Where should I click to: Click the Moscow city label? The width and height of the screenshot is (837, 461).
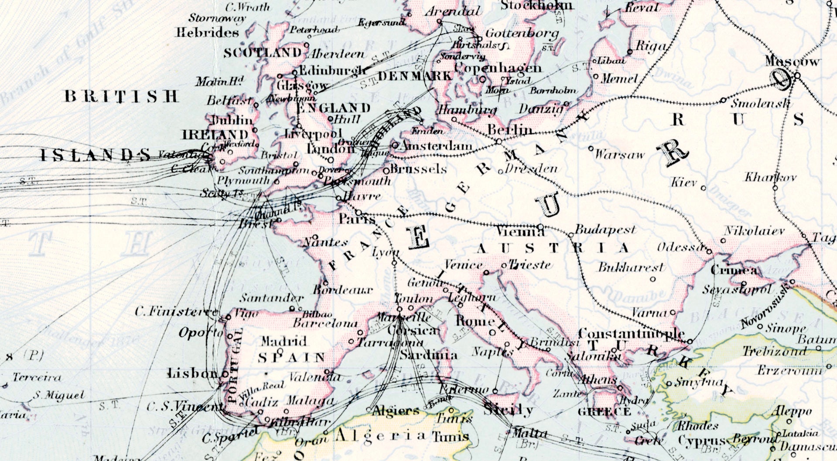coord(792,62)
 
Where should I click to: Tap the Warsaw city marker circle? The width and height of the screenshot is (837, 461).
coord(591,149)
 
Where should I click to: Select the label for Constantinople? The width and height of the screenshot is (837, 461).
coord(631,334)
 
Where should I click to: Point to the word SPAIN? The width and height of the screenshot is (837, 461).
coord(291,358)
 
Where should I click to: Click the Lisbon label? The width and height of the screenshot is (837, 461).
coord(192,373)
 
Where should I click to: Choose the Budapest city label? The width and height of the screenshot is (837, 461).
coord(605,230)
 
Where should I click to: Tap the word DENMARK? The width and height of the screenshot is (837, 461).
coord(415,76)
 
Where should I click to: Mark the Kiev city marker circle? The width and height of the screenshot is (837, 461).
coord(703,188)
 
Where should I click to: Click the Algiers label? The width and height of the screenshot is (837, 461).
coord(396,410)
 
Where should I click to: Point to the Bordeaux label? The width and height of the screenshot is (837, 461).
coord(343,290)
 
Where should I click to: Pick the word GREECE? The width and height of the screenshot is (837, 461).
coord(604,412)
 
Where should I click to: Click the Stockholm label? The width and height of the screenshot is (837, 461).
coord(536,6)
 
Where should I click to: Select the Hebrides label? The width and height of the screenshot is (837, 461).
coord(207,33)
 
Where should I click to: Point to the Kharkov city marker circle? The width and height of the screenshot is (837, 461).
coord(775,188)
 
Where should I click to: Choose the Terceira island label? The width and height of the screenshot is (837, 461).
coord(37,377)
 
